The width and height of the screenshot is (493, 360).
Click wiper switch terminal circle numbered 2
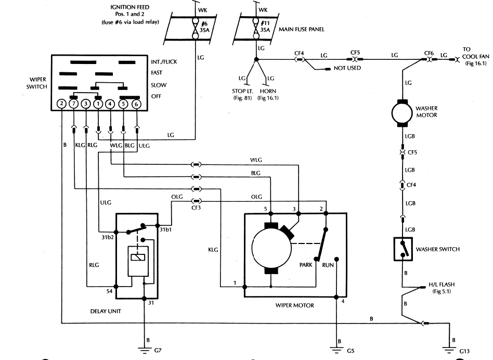[x=61, y=104]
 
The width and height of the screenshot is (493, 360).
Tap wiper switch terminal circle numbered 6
[x=136, y=104]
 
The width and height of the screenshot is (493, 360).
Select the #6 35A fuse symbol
[x=195, y=28]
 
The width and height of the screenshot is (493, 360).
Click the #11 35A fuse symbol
[x=256, y=28]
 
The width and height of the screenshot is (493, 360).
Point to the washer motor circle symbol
[x=402, y=113]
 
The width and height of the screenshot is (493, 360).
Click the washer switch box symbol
[x=403, y=249]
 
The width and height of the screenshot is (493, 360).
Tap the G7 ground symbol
[x=145, y=350]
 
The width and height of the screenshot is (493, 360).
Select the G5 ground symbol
[x=336, y=350]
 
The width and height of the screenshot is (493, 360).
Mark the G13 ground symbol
[x=449, y=350]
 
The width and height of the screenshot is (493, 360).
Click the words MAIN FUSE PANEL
[x=301, y=29]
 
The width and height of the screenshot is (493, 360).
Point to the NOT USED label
[x=347, y=68]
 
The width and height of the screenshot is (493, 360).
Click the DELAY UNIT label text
[x=106, y=311]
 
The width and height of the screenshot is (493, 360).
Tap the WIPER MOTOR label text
[x=295, y=305]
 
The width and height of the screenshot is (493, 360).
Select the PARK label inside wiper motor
[x=306, y=265]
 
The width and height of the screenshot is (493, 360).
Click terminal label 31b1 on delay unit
[x=165, y=229]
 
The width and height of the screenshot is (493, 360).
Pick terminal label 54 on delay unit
[x=109, y=291]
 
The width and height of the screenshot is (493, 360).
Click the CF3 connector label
[x=196, y=208]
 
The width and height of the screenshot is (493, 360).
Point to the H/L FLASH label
[x=442, y=285]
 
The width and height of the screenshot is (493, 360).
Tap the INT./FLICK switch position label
[x=164, y=62]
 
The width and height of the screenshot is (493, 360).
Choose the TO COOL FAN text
[x=475, y=53]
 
